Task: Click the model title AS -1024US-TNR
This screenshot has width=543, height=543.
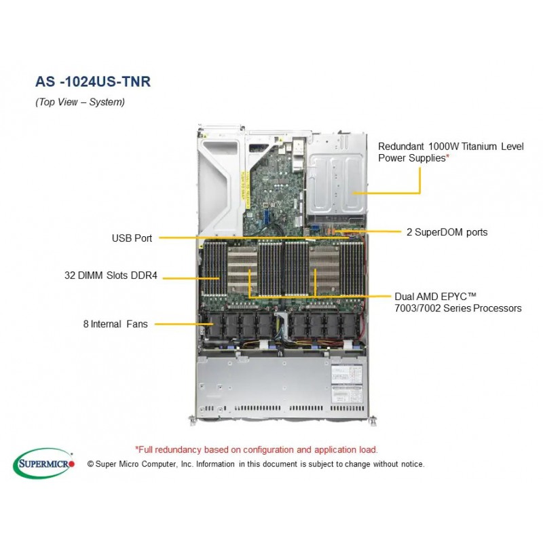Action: point(93,81)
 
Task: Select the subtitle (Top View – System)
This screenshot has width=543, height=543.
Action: point(80,102)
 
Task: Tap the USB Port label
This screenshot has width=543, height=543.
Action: point(132,238)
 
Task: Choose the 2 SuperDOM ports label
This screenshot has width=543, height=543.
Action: point(447,232)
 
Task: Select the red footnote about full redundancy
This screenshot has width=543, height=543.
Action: point(257,449)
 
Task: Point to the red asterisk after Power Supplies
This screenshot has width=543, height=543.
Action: point(447,157)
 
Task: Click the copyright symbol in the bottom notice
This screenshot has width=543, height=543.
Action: point(91,464)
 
